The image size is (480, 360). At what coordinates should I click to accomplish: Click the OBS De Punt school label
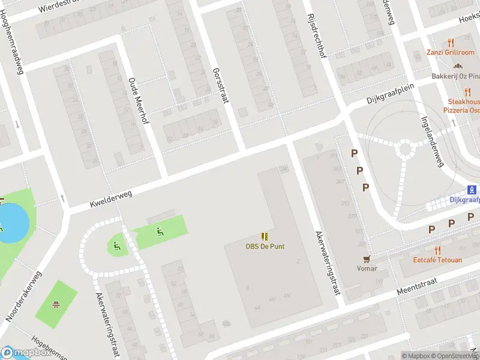265,246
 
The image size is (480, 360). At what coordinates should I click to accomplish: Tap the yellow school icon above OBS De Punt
265,236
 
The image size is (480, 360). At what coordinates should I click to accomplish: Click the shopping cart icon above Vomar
365,259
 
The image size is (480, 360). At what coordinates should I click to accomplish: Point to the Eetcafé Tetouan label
437,260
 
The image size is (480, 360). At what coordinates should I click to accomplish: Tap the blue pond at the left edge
13,223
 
